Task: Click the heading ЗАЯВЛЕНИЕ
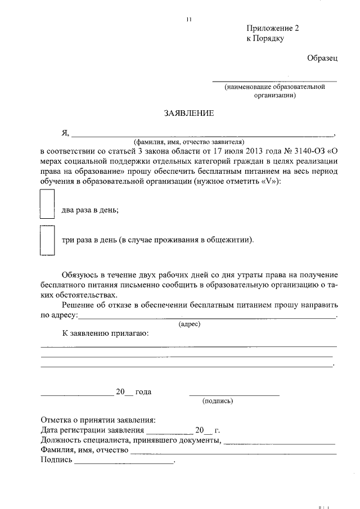pos(188,113)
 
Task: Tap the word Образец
pos(322,58)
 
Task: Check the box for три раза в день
pos(47,241)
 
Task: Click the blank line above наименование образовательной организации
pos(274,81)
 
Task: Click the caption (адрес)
pos(189,325)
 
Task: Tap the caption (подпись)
pos(217,401)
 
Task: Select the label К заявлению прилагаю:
pos(106,334)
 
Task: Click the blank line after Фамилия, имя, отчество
pos(233,453)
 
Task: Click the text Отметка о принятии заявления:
pos(98,420)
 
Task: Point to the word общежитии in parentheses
pos(230,240)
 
